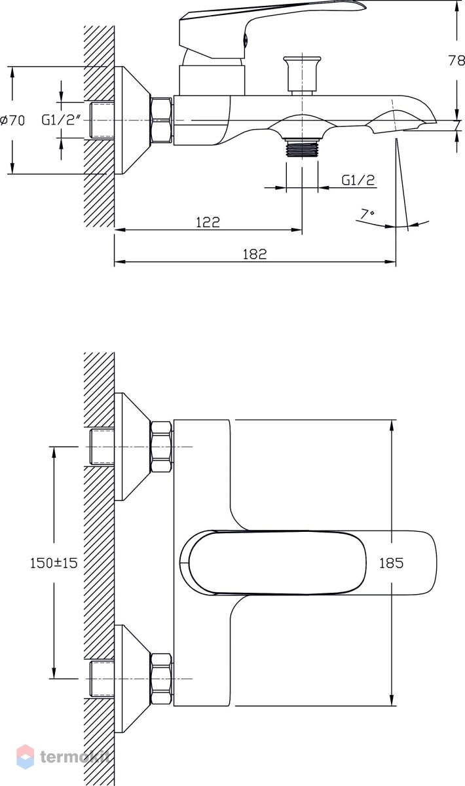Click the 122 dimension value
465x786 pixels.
coord(208,222)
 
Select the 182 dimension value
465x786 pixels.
coord(255,254)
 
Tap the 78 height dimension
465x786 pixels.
coord(456,61)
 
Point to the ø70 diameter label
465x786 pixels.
coord(12,121)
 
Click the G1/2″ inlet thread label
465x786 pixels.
coord(62,121)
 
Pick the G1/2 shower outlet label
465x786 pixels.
coord(358,180)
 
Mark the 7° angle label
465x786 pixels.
coord(367,214)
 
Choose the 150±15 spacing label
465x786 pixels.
coord(54,563)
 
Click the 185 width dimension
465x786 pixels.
coord(391,563)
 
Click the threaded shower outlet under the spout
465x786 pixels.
coord(302,148)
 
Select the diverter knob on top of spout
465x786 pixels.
coord(302,75)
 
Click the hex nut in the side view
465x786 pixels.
coord(161,121)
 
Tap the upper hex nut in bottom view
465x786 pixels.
coord(161,446)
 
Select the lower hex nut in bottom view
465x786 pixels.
coord(161,679)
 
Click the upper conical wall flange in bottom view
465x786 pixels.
coord(133,446)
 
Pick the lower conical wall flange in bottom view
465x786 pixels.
coord(133,679)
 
